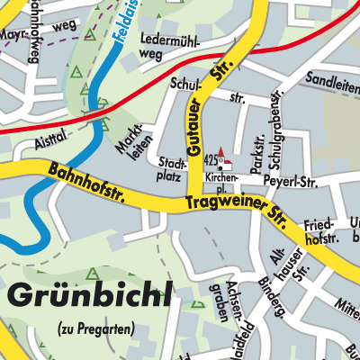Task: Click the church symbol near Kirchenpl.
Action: click(224, 157)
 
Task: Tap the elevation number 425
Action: click(212, 158)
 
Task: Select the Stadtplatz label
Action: click(171, 168)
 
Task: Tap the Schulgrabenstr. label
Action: click(271, 127)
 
